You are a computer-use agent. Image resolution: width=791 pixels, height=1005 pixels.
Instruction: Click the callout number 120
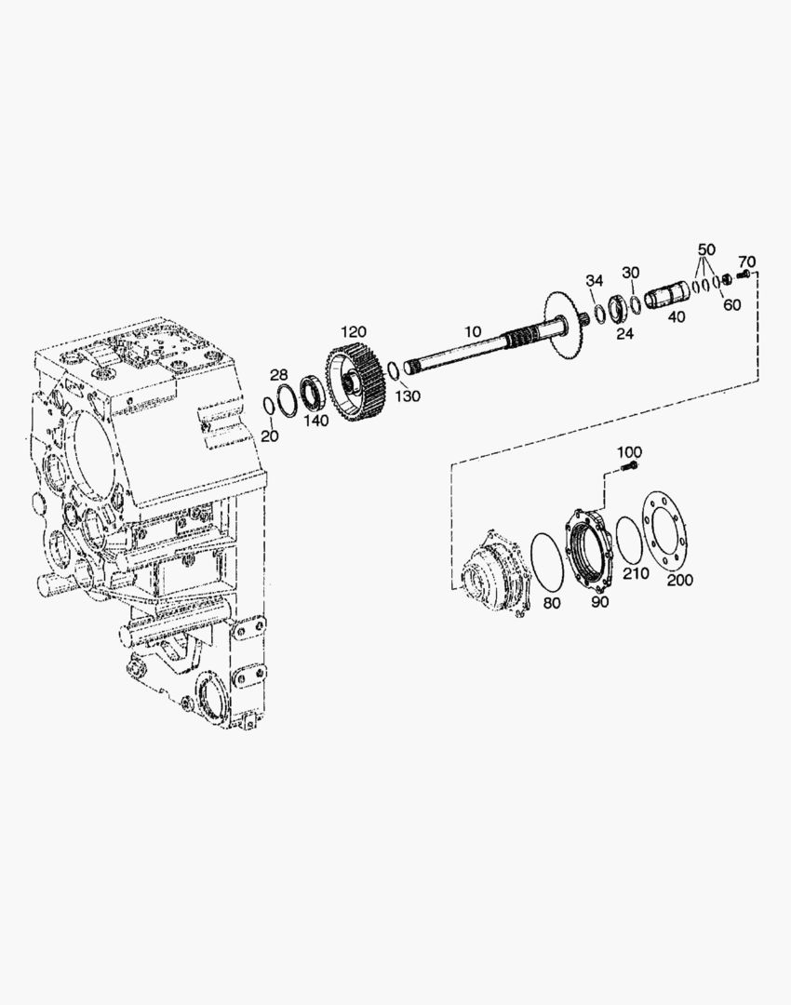[354, 332]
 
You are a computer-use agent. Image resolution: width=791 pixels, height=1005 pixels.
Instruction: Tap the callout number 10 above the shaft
[473, 331]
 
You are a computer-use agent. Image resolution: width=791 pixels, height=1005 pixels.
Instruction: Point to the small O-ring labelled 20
[270, 407]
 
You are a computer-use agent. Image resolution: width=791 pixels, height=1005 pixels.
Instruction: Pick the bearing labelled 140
[314, 392]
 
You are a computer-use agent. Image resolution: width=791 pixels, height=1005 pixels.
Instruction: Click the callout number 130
[408, 396]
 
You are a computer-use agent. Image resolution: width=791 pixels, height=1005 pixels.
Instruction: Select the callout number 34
[595, 281]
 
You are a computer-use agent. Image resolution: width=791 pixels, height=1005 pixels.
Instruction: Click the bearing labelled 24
[620, 310]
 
